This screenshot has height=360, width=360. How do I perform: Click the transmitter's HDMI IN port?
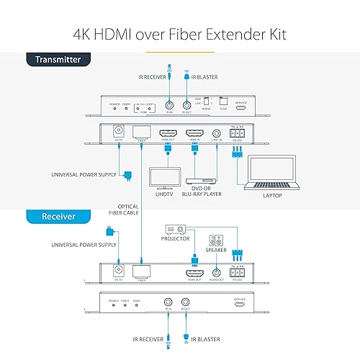click(195, 133)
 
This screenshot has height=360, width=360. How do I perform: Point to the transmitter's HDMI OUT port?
click(168, 133)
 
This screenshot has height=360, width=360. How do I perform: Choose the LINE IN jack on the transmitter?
click(218, 133)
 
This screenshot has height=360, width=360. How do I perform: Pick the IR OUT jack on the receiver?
click(186, 305)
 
